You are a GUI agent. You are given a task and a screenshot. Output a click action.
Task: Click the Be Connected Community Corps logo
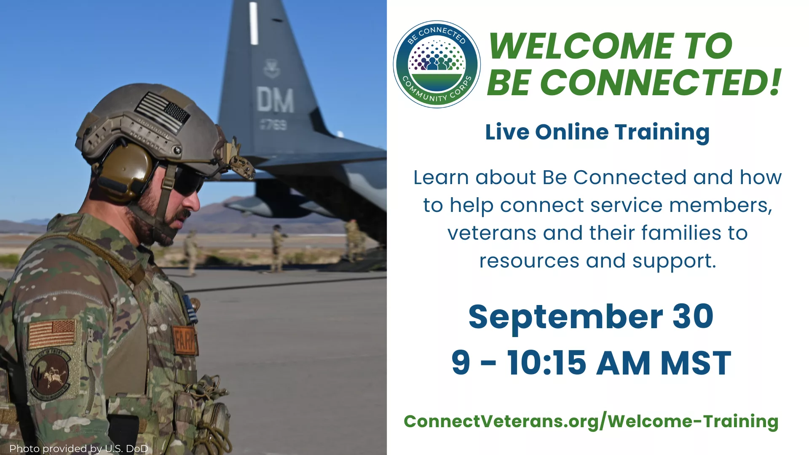click(x=437, y=64)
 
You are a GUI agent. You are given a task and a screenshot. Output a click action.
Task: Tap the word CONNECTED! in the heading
click(x=661, y=82)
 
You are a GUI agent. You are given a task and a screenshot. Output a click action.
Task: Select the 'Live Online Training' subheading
click(x=597, y=132)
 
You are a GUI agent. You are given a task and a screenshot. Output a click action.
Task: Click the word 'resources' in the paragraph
click(x=529, y=261)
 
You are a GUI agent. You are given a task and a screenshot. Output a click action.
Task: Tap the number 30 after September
click(x=693, y=316)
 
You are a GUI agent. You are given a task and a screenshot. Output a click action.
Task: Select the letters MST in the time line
click(x=696, y=363)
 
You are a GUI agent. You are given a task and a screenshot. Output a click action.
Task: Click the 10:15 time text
click(x=546, y=363)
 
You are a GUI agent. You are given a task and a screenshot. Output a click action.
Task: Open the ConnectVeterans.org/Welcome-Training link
click(x=591, y=421)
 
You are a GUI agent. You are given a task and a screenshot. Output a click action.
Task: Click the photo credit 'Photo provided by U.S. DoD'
click(x=79, y=449)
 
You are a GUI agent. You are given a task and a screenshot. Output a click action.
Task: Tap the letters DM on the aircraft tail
click(x=275, y=100)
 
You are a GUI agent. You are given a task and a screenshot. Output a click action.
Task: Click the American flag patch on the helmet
click(x=163, y=112)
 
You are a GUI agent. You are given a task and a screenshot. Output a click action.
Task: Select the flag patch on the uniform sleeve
click(x=52, y=333)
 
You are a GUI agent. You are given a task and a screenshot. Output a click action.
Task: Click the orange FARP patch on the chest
click(x=185, y=340)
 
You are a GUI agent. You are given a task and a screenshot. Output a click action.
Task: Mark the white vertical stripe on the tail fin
click(x=254, y=23)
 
